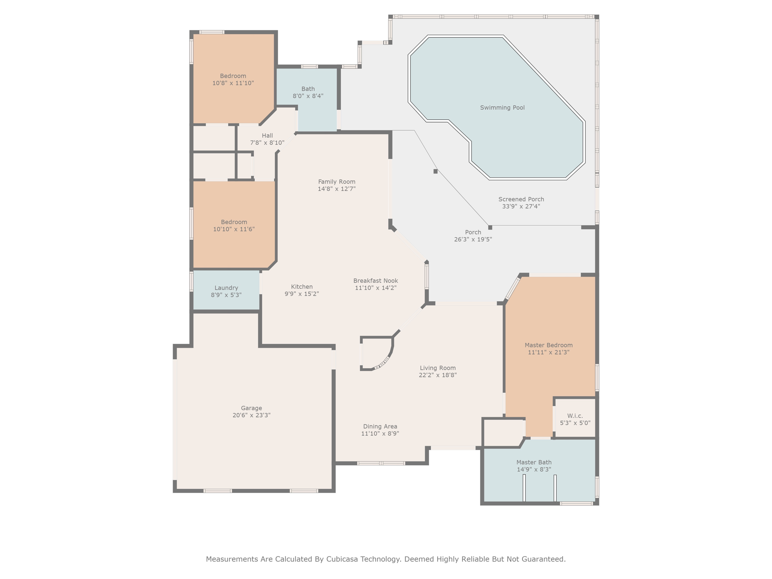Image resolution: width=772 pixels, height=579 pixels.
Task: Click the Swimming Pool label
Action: [x=502, y=108]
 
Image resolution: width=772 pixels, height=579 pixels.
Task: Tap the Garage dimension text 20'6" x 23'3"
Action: [x=251, y=415]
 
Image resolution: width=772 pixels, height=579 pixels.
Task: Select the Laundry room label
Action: [x=226, y=288]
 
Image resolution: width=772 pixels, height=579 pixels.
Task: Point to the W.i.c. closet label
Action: [x=575, y=416]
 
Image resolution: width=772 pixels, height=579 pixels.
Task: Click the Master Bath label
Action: [x=534, y=463]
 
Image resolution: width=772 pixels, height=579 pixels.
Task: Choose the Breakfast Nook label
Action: [x=375, y=281]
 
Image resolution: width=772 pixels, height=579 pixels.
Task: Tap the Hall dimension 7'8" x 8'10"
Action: [x=267, y=143]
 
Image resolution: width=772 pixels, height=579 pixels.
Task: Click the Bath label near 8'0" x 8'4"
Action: [x=308, y=89]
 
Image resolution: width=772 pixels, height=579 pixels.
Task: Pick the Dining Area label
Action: [x=380, y=427]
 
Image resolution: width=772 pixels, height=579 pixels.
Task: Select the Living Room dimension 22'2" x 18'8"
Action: [x=438, y=375]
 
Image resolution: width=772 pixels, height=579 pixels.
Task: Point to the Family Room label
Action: [x=337, y=182]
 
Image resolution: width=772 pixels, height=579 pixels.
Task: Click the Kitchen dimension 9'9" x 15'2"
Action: [x=302, y=294]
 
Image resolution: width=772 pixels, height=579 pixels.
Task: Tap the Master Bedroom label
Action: [x=548, y=345]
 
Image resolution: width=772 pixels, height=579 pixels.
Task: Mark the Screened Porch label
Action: [x=521, y=199]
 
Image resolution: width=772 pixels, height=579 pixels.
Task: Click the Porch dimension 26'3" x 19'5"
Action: [x=473, y=239]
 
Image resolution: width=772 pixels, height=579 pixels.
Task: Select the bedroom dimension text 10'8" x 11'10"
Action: [x=233, y=83]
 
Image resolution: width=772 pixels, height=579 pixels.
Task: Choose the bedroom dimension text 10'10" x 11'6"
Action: [x=234, y=229]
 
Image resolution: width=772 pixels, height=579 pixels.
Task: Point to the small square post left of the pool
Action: [x=435, y=171]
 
